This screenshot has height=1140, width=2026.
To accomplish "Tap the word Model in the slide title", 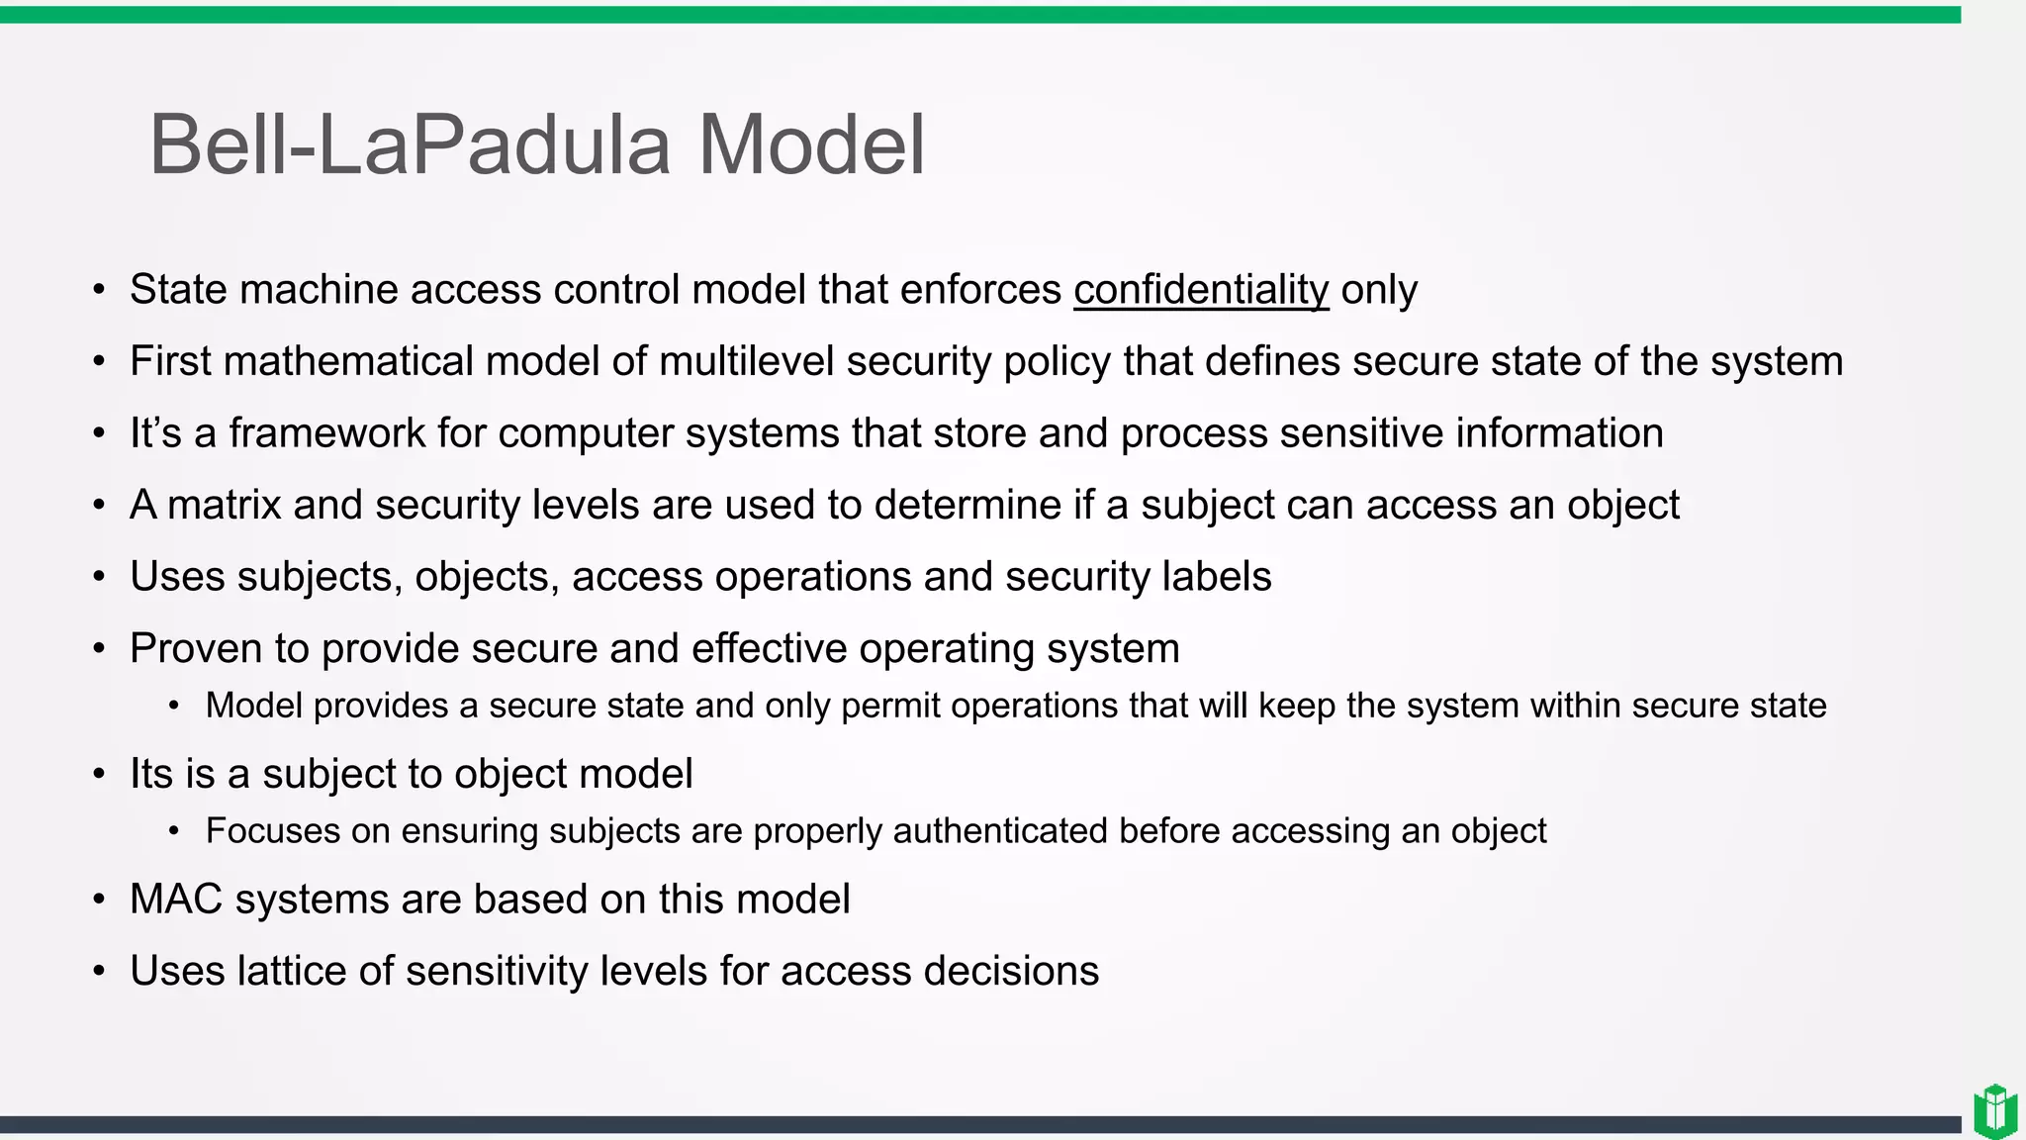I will [811, 145].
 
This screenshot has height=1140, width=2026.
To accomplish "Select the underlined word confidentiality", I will [1201, 290].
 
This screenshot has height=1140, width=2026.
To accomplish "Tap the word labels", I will [1217, 577].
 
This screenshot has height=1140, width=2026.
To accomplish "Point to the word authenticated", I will [1000, 831].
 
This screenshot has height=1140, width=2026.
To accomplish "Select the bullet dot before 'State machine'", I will [99, 291].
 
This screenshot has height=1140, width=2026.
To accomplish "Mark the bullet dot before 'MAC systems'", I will [99, 901].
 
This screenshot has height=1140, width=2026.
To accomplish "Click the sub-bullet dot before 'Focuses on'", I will [174, 832].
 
